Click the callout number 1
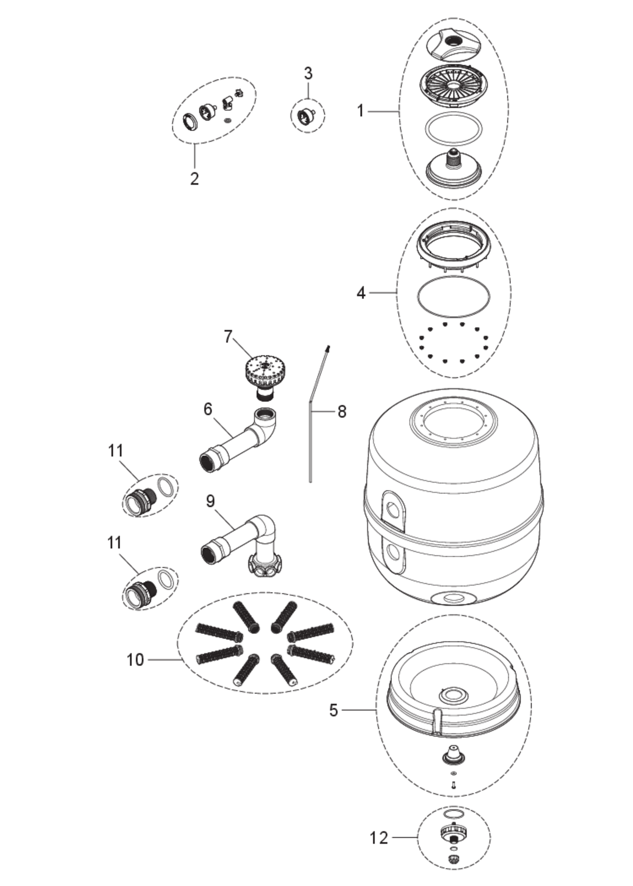(361, 111)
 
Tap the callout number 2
(194, 178)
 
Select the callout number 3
(308, 74)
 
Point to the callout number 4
(361, 293)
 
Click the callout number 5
(334, 710)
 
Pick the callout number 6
(208, 409)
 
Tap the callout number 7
(227, 337)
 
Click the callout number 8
(342, 411)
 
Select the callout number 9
(211, 501)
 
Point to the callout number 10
(135, 660)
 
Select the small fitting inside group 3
(307, 116)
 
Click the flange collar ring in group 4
(453, 246)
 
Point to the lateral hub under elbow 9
(265, 563)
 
